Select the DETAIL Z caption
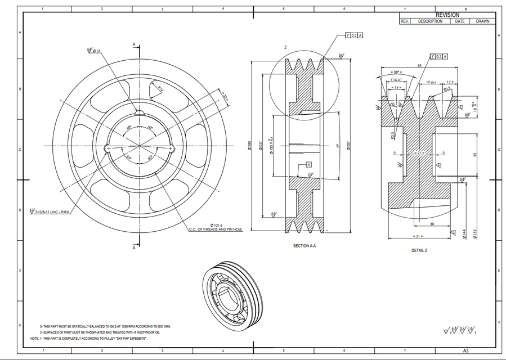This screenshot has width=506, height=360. pyautogui.click(x=419, y=250)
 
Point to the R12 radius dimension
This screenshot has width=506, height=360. pyautogui.click(x=160, y=89)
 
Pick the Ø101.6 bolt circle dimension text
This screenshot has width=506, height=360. pyautogui.click(x=216, y=224)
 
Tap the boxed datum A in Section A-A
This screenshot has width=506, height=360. pyautogui.click(x=308, y=164)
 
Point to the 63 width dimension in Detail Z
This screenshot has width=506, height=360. pyautogui.click(x=419, y=66)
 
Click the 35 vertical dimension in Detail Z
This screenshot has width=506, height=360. pyautogui.click(x=475, y=154)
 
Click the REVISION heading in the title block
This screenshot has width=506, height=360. pyautogui.click(x=447, y=15)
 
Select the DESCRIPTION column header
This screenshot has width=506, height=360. pyautogui.click(x=430, y=21)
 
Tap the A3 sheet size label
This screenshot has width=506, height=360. pyautogui.click(x=465, y=350)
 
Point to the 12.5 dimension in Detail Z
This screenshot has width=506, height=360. pyautogui.click(x=450, y=82)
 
